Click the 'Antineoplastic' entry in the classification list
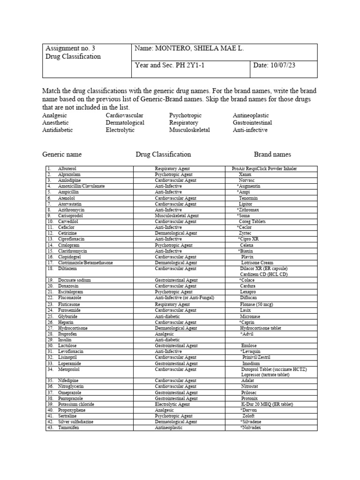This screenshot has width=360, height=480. [251, 115]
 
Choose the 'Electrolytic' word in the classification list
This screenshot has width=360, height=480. [120, 130]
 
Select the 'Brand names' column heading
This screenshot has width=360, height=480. [272, 154]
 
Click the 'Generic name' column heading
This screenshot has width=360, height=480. [62, 154]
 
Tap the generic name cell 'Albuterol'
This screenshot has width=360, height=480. [67, 169]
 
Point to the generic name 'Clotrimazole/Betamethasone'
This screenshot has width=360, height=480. [85, 263]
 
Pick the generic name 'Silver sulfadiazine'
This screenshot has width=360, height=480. [75, 422]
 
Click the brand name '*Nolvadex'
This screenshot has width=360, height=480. [251, 427]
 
